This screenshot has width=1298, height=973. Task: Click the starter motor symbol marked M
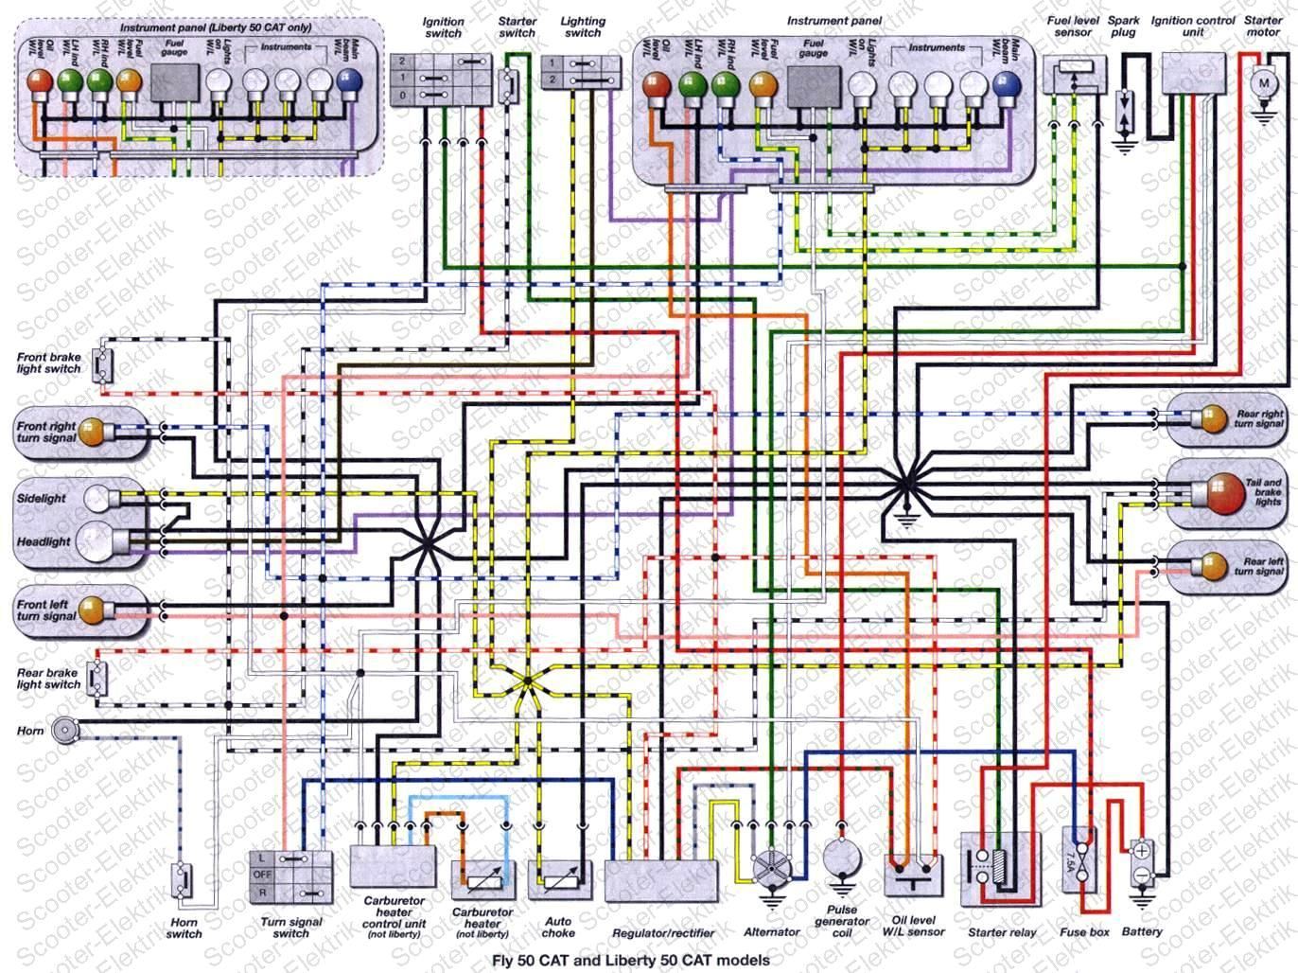[x=1263, y=85]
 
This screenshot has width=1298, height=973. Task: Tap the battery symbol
[x=1142, y=863]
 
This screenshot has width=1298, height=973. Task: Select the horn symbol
[x=64, y=730]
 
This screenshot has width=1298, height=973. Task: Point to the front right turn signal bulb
[x=91, y=433]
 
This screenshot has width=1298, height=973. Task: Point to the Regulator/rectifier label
[x=662, y=932]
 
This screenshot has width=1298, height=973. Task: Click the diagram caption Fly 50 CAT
[x=631, y=960]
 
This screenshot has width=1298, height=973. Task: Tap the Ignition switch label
[x=443, y=27]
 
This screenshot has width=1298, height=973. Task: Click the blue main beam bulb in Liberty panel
[x=350, y=83]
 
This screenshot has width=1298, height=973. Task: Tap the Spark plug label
[x=1124, y=27]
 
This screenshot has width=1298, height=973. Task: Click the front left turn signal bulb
[x=91, y=611]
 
